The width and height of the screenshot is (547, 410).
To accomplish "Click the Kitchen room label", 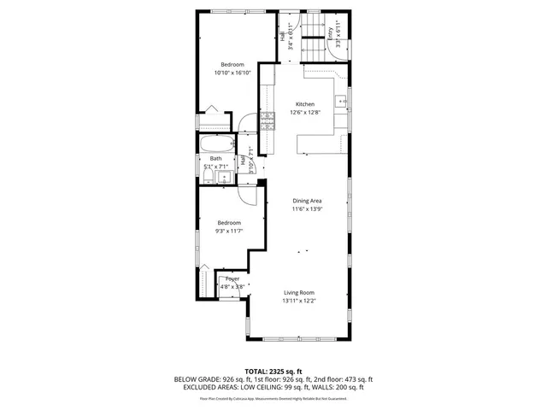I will [x=305, y=104].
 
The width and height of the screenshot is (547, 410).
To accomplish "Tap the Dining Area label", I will [x=306, y=200].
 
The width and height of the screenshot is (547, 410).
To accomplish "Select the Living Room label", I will [x=299, y=293].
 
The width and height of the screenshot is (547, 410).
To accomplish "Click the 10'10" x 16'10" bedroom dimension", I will [x=232, y=73].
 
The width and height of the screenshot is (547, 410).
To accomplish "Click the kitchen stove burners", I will [x=268, y=120].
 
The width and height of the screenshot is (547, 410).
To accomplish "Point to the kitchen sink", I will [x=342, y=102].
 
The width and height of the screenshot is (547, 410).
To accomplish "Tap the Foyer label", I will [x=232, y=278].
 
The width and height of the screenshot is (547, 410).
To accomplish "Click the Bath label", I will [x=215, y=159].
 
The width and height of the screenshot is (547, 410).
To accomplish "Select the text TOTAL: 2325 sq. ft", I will [x=273, y=372].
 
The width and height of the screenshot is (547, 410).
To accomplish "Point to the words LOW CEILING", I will [x=258, y=387].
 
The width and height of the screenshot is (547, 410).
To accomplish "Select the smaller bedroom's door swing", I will [x=247, y=196].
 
